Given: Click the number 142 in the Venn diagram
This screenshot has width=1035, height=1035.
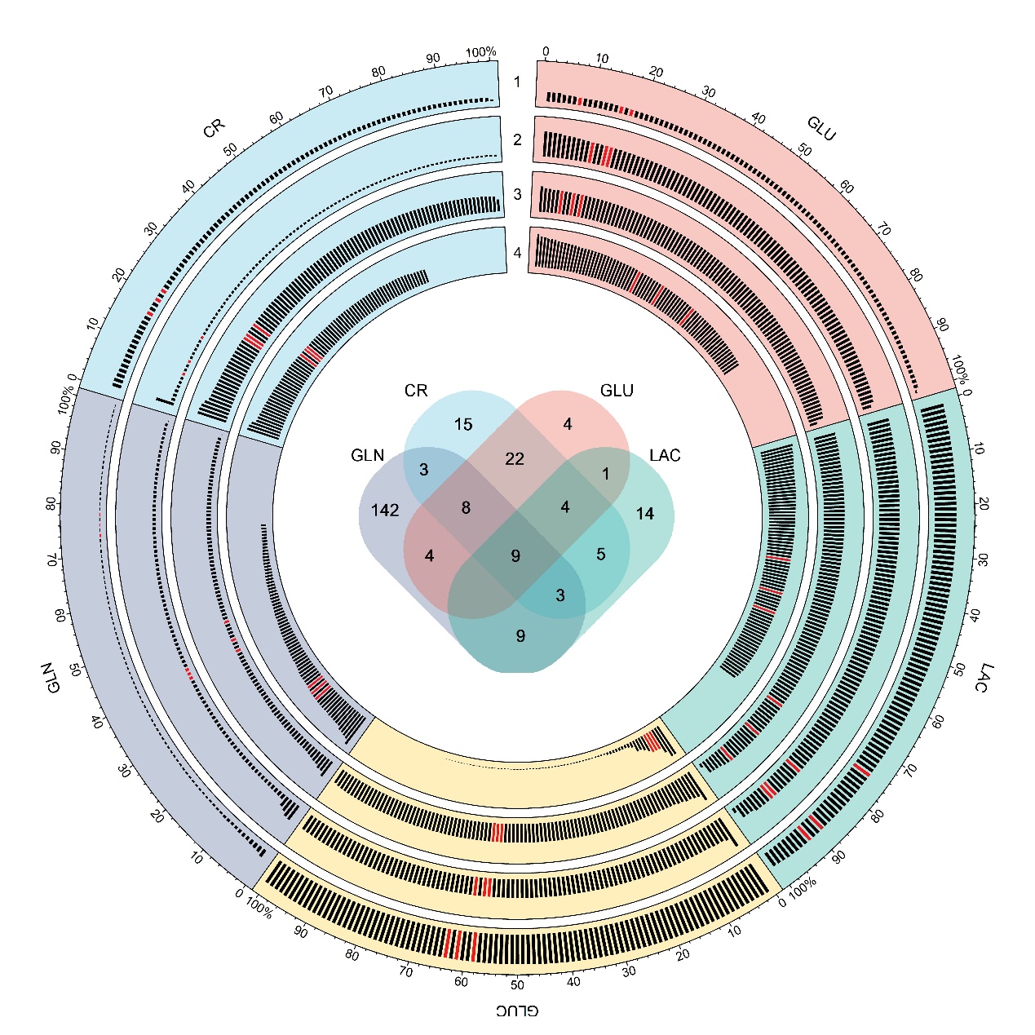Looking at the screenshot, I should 385,511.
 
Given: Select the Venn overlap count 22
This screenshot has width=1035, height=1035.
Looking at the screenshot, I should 515,458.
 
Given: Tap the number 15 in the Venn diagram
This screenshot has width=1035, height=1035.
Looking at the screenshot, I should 463,425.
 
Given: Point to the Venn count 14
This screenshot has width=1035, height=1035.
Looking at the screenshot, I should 645,514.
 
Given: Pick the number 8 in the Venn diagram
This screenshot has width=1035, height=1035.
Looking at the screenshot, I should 466,508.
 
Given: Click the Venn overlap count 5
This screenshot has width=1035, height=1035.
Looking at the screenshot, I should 601,555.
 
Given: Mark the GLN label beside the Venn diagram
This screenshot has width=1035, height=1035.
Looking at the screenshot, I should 367,455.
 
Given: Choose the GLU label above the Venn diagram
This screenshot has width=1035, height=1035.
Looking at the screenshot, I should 617,391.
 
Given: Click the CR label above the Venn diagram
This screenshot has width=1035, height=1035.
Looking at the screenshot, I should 416,391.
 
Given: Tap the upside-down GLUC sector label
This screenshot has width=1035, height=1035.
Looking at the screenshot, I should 517,1011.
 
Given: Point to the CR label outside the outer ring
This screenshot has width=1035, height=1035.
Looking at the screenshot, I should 214,128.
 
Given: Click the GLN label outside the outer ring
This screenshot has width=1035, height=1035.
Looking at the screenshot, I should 51,678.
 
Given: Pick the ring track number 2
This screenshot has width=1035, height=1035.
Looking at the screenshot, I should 517,139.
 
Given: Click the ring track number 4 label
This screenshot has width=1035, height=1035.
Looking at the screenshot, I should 517,253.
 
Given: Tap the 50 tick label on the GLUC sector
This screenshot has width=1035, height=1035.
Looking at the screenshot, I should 517,984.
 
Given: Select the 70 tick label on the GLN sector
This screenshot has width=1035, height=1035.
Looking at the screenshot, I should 54,560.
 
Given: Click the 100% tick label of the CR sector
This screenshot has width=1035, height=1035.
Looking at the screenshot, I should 481,53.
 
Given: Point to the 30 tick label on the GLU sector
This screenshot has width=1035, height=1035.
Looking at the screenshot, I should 709,92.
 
